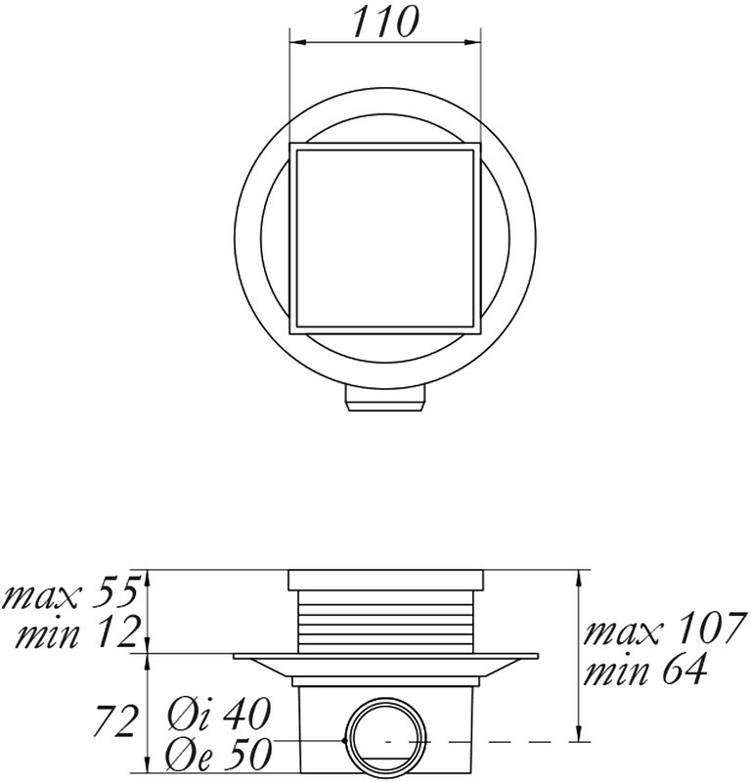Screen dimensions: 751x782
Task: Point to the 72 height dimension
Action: [x=114, y=720]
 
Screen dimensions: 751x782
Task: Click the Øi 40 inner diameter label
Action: [x=220, y=714]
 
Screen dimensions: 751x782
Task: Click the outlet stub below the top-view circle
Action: [x=384, y=400]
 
